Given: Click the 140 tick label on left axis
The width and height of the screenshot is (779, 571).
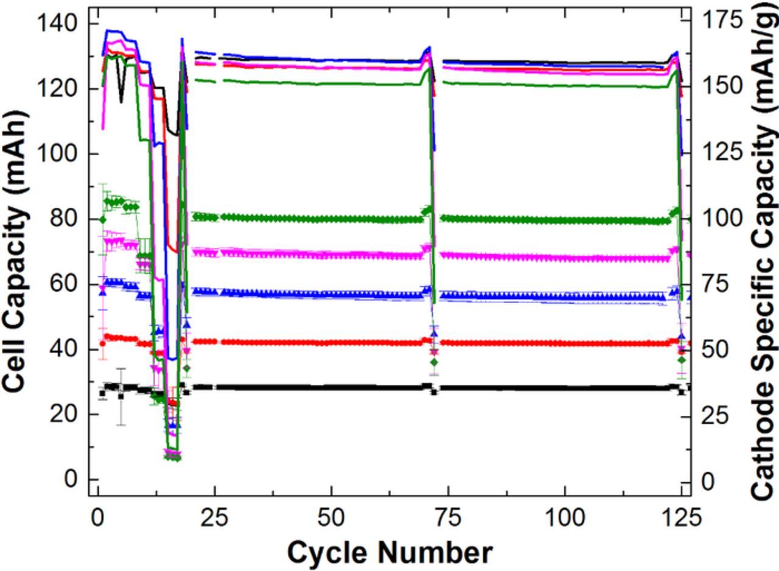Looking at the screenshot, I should point(57,24).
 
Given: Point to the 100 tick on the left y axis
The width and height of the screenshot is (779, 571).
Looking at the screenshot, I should point(57,153).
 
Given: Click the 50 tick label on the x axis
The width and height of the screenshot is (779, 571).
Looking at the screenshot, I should point(331,518).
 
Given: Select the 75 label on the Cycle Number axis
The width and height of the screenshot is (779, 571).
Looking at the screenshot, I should point(448,518).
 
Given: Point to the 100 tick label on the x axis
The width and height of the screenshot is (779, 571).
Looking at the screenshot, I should point(564,518).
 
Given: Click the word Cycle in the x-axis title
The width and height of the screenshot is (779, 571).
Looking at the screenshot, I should point(327,553).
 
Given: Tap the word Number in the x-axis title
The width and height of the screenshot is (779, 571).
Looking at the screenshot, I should point(435,553).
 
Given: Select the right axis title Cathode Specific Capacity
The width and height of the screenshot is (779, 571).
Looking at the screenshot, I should point(763,251).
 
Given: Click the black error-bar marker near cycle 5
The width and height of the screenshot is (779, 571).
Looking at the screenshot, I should point(121,396).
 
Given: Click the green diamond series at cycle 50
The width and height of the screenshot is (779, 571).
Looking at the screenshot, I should point(331,219).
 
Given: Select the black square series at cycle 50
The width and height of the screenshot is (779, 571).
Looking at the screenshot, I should point(331,387).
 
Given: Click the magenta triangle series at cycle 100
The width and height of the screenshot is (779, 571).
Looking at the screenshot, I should point(564,258).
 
